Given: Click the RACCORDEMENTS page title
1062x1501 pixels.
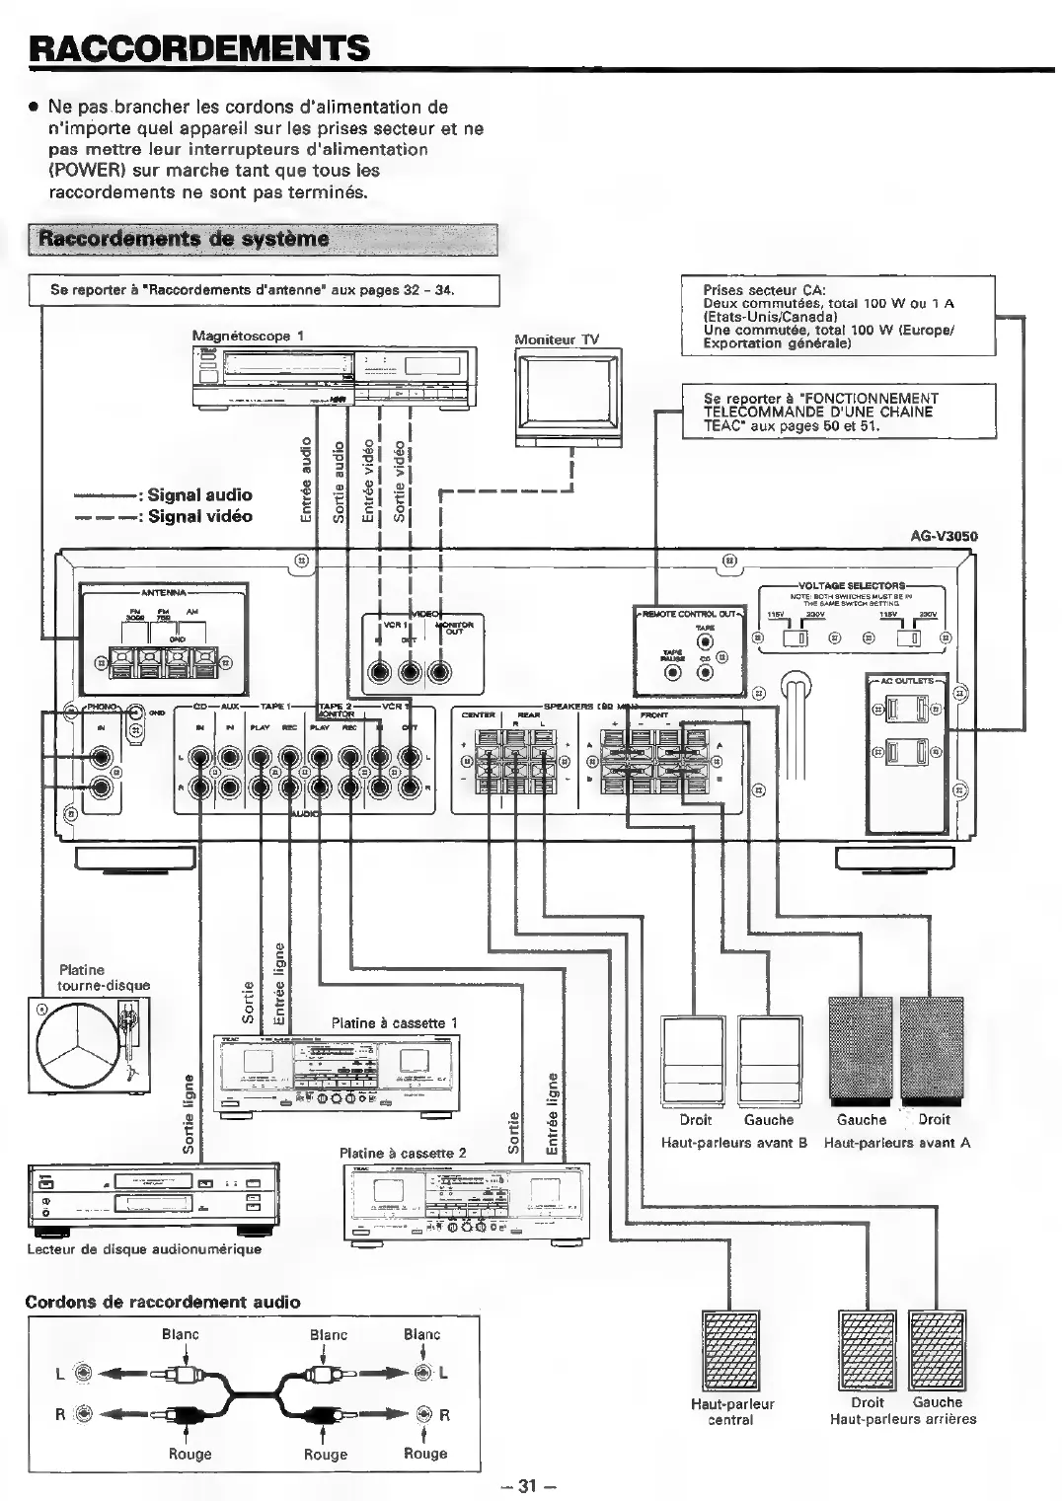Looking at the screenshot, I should [199, 46].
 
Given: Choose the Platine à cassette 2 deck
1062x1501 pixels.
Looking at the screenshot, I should [466, 1201].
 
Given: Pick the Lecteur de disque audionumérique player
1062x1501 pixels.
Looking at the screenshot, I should [154, 1195].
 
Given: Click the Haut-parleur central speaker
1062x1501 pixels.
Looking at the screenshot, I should [731, 1348].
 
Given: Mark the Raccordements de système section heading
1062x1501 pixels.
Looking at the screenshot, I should [184, 239].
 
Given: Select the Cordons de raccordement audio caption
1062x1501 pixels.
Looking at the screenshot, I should [163, 1302].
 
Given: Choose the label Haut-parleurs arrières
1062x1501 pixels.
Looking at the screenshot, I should [902, 1419].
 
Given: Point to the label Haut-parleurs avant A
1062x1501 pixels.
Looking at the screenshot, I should [896, 1143].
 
